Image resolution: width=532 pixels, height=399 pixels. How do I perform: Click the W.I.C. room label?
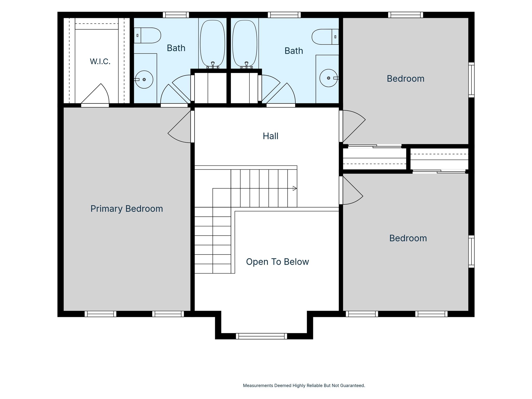100,62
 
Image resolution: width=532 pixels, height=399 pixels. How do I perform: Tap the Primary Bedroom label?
127,209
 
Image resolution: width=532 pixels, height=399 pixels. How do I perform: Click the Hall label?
270,136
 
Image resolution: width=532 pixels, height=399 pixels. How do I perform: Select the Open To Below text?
277,262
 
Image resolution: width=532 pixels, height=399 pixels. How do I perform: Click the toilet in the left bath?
147,35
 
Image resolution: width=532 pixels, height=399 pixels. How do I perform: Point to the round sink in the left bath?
144,79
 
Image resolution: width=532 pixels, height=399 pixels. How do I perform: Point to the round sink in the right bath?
329,78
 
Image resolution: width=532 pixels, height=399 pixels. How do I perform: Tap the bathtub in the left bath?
212,43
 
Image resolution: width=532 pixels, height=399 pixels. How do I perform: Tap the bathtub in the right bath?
245,43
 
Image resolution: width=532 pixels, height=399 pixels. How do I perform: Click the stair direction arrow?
295,188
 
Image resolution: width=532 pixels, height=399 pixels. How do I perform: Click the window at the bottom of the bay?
262,336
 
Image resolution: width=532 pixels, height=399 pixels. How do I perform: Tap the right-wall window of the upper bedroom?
471,80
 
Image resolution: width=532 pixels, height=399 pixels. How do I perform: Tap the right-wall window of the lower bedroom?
471,251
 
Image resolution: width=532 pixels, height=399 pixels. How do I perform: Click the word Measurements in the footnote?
258,385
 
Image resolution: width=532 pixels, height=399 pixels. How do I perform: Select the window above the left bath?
176,15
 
